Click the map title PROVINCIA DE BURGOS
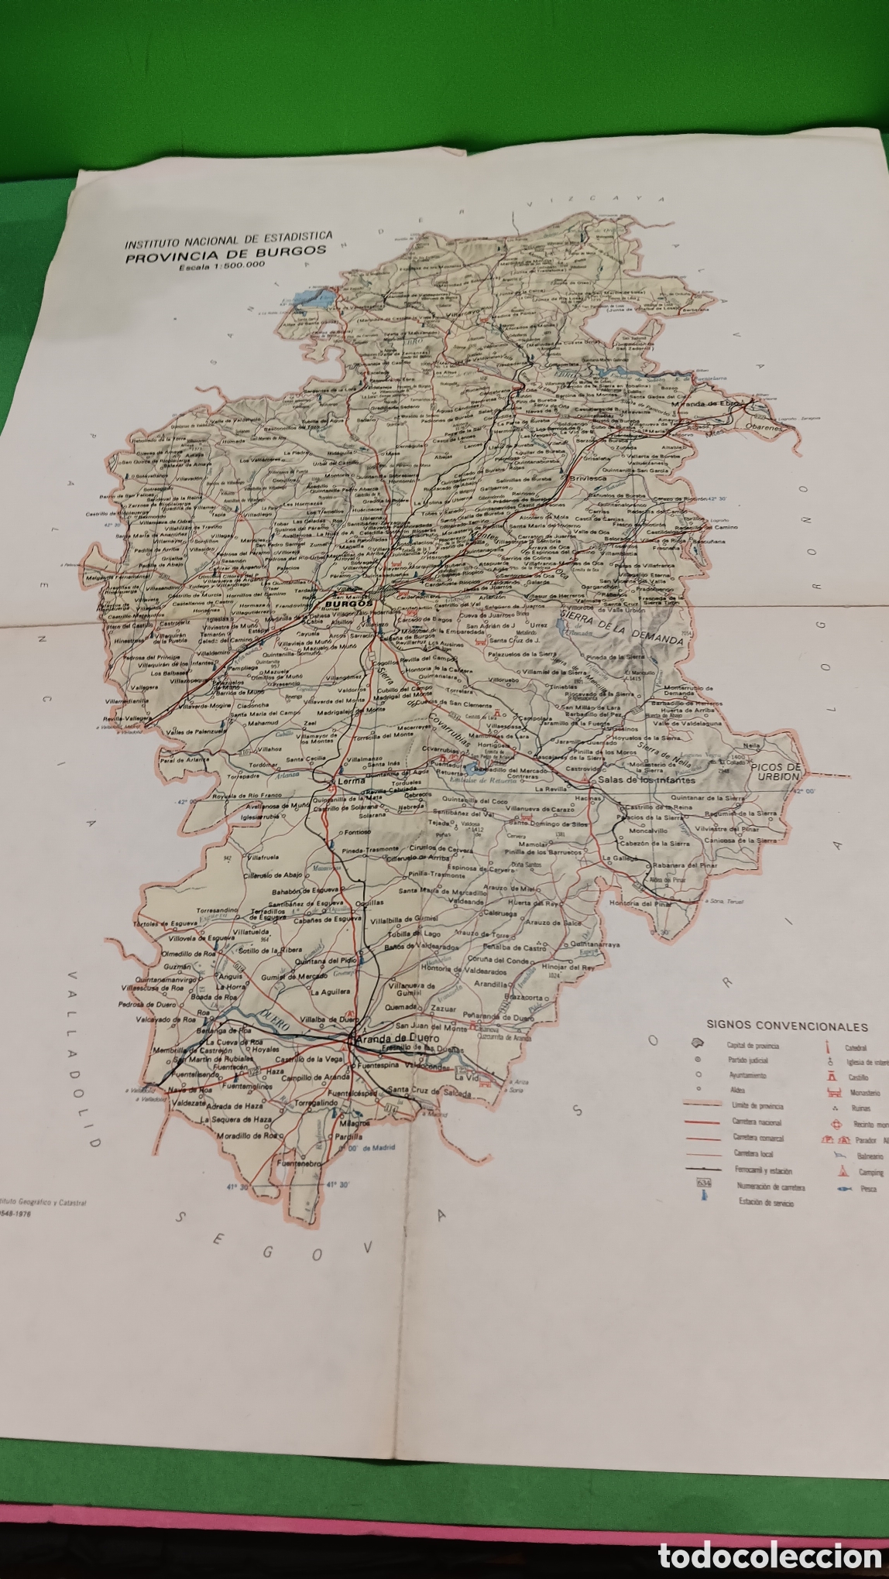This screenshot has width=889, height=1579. coord(226,251)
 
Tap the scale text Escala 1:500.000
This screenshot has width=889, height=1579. coord(221,264)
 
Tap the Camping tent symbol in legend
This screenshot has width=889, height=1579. coord(842,1171)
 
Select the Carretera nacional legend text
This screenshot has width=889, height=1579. coord(757,1122)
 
